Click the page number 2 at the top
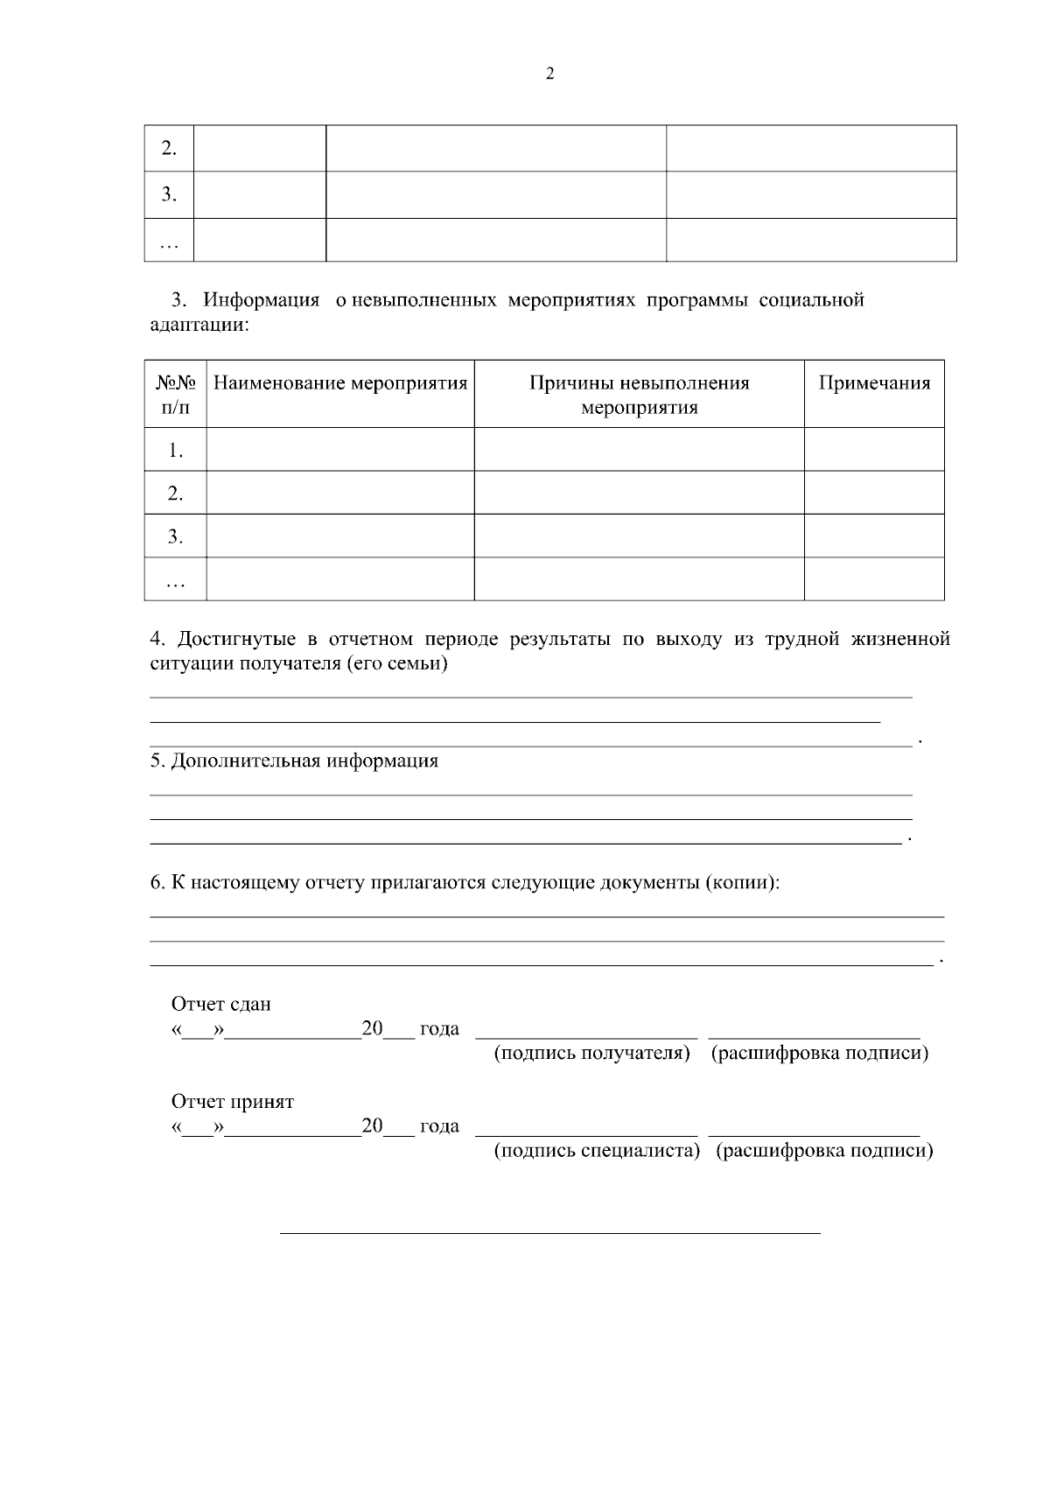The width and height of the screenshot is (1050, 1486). pos(549,74)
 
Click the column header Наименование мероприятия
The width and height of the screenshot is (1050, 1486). pos(340,383)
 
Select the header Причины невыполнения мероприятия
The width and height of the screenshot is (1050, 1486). pos(640,395)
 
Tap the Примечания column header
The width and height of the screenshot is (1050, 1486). pos(874,383)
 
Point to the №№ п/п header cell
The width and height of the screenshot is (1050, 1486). pos(175,395)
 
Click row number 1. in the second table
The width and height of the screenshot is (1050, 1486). pos(176,450)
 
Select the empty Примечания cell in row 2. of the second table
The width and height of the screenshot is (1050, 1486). pos(874,493)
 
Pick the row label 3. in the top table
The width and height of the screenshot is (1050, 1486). pos(169,194)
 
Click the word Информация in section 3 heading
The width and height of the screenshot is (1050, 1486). pos(262,300)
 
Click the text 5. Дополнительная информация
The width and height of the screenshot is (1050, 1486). pos(294,761)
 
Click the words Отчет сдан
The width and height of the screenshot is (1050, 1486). pos(221,1004)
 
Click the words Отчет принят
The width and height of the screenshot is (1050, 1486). pos(233,1102)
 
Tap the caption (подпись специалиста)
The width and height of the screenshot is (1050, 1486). pos(598,1151)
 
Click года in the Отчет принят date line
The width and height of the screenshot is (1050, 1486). pos(439,1126)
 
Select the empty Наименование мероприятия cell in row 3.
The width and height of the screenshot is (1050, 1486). pos(340,536)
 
